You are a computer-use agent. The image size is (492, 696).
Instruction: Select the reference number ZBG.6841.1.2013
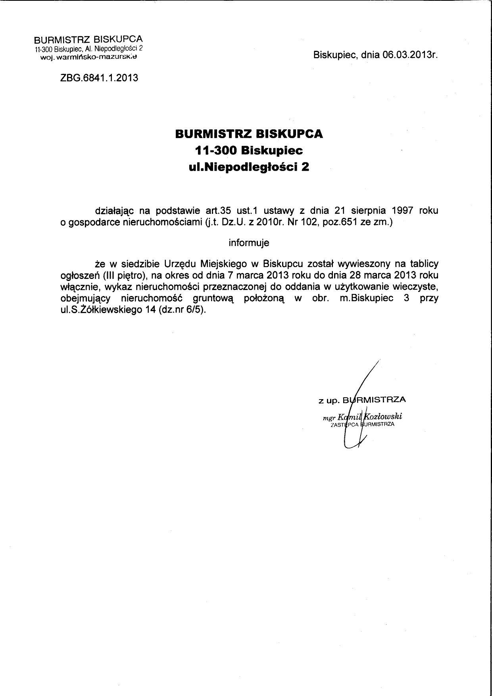[99, 78]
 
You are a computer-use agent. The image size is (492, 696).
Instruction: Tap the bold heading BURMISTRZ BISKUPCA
[249, 134]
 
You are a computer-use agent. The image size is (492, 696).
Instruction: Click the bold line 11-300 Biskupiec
[249, 150]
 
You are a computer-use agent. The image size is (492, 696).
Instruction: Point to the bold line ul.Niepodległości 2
[249, 167]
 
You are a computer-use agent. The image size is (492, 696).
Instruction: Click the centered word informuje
[249, 242]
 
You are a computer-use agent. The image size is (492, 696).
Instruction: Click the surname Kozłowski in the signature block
[385, 417]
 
